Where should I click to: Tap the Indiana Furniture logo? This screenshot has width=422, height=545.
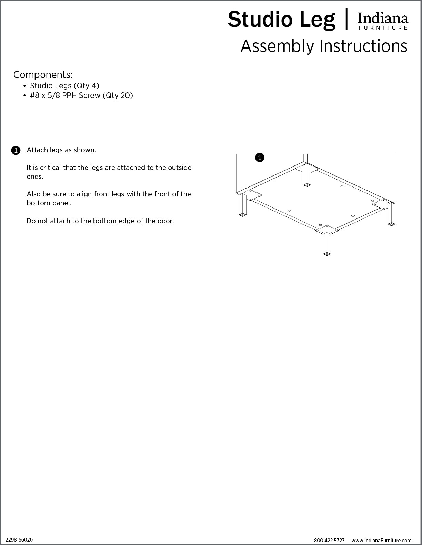(x=383, y=21)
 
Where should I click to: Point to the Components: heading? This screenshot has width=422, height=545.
(x=43, y=75)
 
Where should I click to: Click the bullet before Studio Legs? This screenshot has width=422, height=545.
(x=24, y=86)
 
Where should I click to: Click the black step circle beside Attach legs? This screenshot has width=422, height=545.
(x=16, y=150)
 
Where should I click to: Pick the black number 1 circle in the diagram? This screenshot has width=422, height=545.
(x=260, y=158)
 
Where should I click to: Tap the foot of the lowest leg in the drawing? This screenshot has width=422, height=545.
(x=326, y=254)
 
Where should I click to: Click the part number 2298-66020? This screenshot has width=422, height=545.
(x=19, y=539)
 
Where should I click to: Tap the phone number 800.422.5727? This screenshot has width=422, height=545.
(x=329, y=541)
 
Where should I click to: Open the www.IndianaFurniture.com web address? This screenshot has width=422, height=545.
(x=381, y=541)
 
